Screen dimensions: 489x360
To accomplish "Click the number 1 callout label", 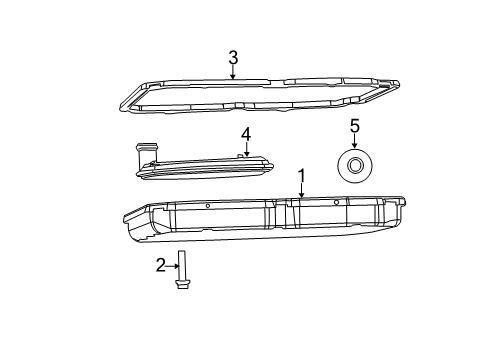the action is pos(301,177).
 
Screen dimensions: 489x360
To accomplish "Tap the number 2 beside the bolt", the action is pos(159,265).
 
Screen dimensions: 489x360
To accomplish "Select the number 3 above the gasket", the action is pos(233,57).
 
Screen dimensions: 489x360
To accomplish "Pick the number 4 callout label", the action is pos(245,133).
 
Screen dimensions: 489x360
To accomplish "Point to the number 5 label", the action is pos(354,126).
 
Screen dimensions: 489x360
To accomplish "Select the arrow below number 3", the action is pos(233,72).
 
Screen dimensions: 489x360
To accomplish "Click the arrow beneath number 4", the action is pos(245,148).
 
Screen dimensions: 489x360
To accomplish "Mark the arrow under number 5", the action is pos(354,142).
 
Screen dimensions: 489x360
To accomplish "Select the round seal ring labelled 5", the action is pos(354,164).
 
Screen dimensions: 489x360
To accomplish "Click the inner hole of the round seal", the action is pos(354,164).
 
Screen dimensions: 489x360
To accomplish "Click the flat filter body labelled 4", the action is pos(215,169).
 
